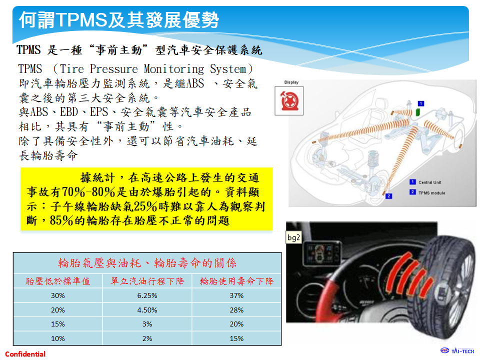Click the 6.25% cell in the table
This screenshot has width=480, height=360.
(147, 295)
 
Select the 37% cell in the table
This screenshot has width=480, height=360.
(236, 295)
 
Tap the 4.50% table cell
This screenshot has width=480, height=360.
(147, 310)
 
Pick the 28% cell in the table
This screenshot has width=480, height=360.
(236, 310)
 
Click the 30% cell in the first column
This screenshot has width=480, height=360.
(58, 295)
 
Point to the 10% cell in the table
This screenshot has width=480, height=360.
(58, 338)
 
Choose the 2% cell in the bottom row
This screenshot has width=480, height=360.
(147, 338)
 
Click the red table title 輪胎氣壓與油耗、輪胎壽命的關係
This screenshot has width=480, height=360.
(147, 263)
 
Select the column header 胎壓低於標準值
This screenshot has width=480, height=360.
(58, 281)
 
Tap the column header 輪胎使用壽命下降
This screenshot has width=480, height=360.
(236, 281)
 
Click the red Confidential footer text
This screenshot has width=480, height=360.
(25, 354)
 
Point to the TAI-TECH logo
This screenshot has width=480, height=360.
(457, 351)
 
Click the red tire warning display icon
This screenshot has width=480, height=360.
(289, 100)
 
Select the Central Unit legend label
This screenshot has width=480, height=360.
(430, 182)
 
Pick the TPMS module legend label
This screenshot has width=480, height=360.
(431, 193)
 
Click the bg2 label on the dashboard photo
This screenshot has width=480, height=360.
(294, 237)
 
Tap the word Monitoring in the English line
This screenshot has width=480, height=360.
(174, 69)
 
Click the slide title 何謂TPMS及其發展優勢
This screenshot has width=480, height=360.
(119, 20)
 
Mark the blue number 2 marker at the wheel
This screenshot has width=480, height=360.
(389, 196)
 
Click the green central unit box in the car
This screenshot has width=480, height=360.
(417, 112)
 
